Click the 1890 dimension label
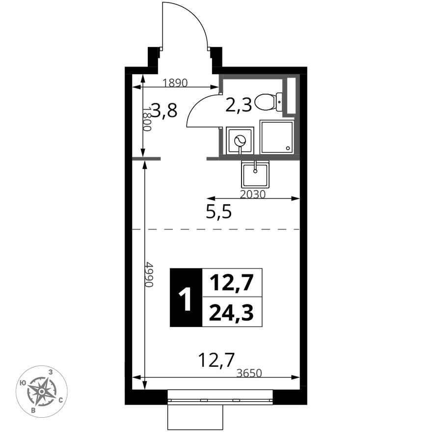[175, 82]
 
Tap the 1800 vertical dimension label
[147, 119]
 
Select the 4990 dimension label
[149, 274]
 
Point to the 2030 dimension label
[253, 194]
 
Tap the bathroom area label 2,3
[239, 105]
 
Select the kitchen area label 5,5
[219, 212]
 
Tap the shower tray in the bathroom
[276, 137]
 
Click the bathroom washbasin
[240, 140]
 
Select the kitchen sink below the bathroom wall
[255, 174]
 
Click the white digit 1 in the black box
[185, 298]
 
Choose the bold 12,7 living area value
[231, 283]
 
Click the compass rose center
[42, 391]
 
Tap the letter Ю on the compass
[23, 383]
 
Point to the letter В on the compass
[33, 410]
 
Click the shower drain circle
[288, 148]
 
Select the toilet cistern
[279, 102]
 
